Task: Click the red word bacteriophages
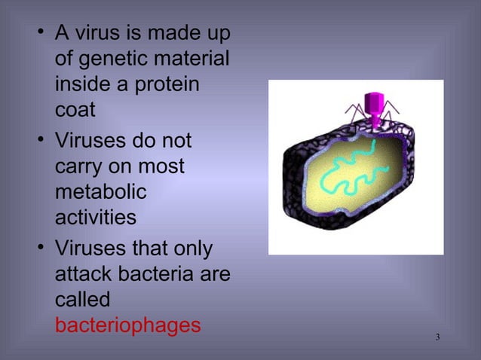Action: [127, 325]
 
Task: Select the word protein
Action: [160, 84]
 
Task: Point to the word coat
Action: [75, 109]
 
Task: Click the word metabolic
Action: [100, 193]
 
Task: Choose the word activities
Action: [96, 218]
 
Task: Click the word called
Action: [83, 300]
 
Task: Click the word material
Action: [197, 59]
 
